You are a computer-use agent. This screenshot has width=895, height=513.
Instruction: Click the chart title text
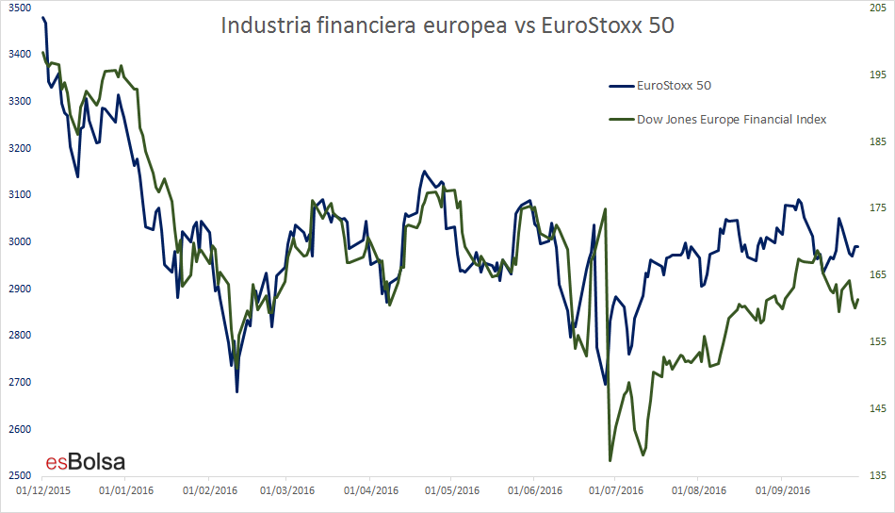point(447,25)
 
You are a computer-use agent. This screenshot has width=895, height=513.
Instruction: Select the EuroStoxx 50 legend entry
point(660,86)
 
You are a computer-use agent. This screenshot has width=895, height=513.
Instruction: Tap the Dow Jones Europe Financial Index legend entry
point(718,120)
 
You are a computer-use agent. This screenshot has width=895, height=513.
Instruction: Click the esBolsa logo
point(86,461)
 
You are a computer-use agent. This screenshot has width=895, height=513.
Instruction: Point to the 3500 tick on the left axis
point(20,8)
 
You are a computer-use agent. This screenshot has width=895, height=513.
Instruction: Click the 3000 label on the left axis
point(20,241)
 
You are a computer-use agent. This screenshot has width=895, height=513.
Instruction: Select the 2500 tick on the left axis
point(20,475)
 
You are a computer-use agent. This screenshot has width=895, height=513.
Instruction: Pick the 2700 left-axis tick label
point(20,382)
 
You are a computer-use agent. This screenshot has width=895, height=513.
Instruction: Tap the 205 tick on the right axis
point(878,8)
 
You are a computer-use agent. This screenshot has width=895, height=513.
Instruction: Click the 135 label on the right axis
point(878,475)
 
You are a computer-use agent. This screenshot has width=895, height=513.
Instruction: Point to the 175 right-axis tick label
point(878,208)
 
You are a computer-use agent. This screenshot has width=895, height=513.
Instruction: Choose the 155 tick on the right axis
point(878,341)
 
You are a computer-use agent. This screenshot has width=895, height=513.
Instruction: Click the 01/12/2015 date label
point(43,490)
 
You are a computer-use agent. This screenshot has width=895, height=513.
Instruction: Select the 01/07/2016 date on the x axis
point(616,490)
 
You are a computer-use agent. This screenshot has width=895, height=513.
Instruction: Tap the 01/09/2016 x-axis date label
point(783,490)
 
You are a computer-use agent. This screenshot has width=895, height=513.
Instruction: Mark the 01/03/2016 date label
point(287,490)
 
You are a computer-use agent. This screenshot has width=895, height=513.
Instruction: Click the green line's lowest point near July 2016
point(610,460)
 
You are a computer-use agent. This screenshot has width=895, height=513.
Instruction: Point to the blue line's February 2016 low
point(236,392)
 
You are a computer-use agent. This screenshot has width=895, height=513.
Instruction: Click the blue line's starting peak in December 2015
point(42,18)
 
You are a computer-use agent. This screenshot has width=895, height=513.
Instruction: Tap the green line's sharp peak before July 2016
point(605,209)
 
